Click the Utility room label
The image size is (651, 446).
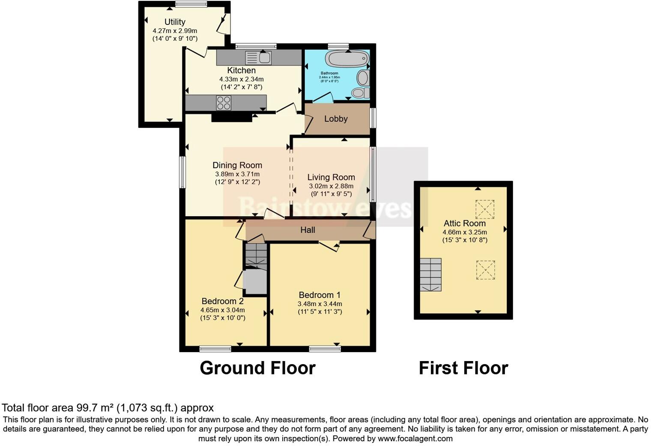coord(175,22)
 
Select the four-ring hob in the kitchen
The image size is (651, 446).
coord(224,103)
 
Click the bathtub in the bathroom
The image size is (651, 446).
coord(347,58)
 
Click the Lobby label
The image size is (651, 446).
coord(336,119)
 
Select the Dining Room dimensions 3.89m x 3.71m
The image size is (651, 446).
coord(237,174)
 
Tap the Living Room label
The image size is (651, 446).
coord(331,177)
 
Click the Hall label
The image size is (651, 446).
coord(308,230)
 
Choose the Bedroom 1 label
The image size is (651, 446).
coord(320,295)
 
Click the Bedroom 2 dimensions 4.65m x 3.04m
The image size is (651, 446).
coord(222,310)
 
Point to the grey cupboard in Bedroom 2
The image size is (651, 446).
coord(255,281)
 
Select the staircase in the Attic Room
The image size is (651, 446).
coord(430,275)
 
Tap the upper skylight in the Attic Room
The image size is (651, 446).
coord(485,209)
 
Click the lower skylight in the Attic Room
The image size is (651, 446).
coord(485,270)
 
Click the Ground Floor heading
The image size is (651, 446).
coord(257,368)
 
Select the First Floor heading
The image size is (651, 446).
coord(463,368)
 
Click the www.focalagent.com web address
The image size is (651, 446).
coord(415,439)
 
